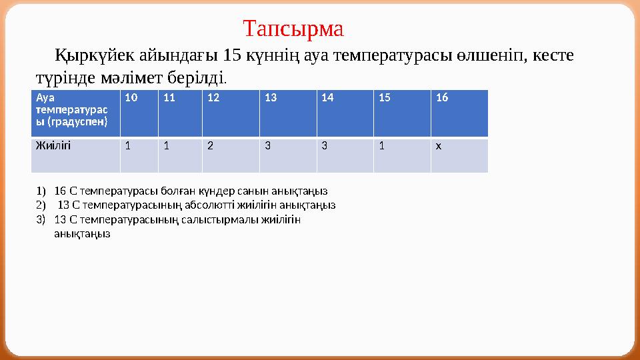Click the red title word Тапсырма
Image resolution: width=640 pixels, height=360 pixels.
[x=293, y=29]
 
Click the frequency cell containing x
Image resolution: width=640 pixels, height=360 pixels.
[x=459, y=155]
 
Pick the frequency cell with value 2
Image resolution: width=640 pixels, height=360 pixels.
[x=231, y=155]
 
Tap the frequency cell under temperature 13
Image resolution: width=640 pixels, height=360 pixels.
[x=288, y=155]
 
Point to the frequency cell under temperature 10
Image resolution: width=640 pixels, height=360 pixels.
[x=139, y=155]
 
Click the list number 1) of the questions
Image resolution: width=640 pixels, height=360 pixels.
[x=41, y=191]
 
